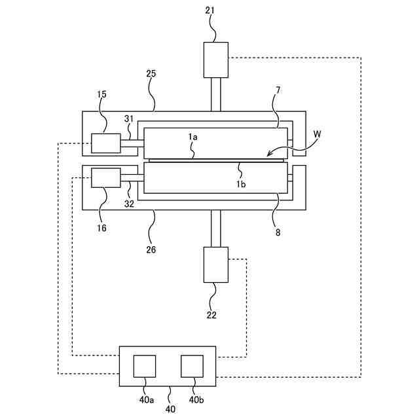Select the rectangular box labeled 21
click(216, 60)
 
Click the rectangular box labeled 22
click(216, 264)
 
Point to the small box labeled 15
click(106, 143)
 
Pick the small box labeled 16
click(106, 177)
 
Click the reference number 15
click(102, 95)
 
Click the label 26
click(151, 249)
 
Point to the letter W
click(318, 134)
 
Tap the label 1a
click(193, 136)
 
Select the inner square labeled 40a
click(145, 366)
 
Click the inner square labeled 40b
click(192, 366)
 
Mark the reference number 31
click(129, 118)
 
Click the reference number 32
click(129, 204)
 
